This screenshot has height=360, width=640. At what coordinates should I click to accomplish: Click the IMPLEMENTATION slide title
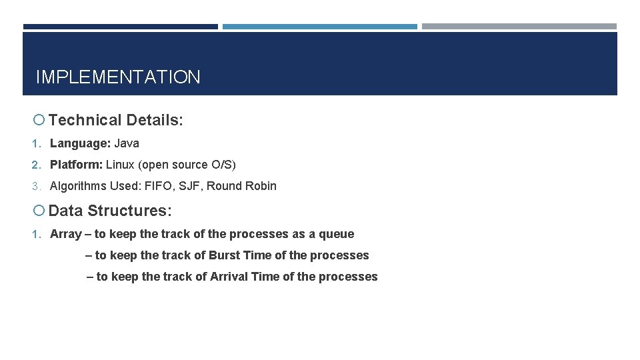click(117, 77)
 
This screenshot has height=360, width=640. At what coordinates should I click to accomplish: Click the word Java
click(127, 143)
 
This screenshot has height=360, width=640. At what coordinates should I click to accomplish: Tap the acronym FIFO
click(159, 186)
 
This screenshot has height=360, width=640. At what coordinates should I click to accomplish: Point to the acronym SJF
click(189, 186)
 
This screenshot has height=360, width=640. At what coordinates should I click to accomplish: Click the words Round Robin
click(241, 186)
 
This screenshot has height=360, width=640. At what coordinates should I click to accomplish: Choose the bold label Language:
click(80, 143)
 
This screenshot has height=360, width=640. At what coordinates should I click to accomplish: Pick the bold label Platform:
click(76, 165)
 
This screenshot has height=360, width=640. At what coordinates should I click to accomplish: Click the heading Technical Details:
click(115, 121)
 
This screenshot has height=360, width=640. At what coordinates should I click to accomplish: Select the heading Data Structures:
click(110, 211)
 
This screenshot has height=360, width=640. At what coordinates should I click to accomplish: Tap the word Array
click(65, 234)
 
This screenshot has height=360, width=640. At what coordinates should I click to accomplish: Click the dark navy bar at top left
click(120, 27)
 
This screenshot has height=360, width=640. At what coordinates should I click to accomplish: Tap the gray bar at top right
click(519, 27)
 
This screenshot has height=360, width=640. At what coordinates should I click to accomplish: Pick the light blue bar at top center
click(319, 27)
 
